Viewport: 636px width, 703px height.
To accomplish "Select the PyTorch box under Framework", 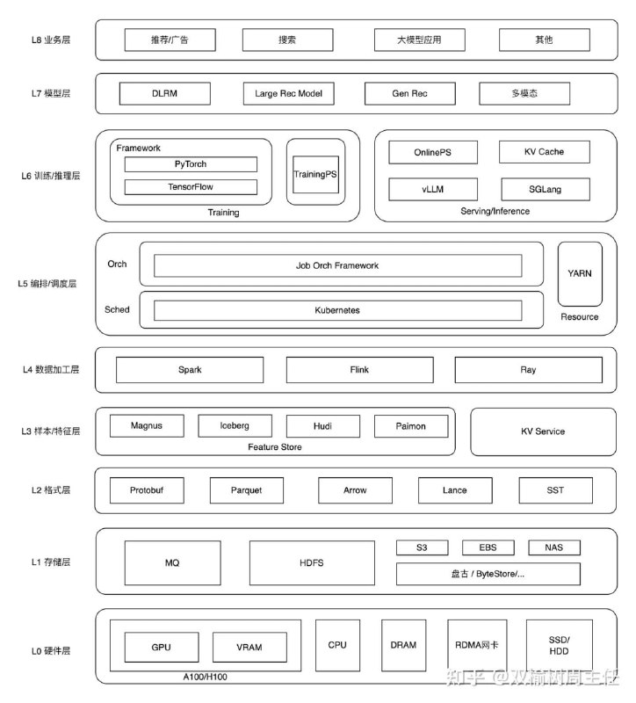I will click(191, 164).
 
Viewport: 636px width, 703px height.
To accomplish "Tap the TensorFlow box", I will click(191, 186).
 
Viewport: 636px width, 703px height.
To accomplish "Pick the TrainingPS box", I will click(314, 174).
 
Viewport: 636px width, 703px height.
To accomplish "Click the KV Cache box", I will click(544, 152).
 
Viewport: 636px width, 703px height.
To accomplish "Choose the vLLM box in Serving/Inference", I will click(433, 189).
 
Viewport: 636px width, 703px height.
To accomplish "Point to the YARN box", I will click(580, 273).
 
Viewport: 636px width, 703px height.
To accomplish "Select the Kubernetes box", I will click(337, 310).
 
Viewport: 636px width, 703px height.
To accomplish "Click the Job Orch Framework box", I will click(337, 265).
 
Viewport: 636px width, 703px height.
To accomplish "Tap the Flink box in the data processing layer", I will click(358, 370).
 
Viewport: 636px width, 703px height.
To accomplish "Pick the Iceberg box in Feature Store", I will click(235, 426).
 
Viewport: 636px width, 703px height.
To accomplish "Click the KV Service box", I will click(543, 431).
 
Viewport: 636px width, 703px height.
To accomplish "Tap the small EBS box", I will click(488, 547).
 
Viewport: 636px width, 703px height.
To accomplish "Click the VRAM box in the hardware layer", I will click(249, 648).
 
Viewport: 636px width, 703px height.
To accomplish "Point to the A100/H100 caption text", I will click(206, 677).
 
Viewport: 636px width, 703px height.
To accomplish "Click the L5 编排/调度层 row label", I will click(47, 284).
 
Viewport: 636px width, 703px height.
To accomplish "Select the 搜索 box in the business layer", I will click(286, 40).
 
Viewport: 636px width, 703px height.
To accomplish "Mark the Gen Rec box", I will click(409, 93).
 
